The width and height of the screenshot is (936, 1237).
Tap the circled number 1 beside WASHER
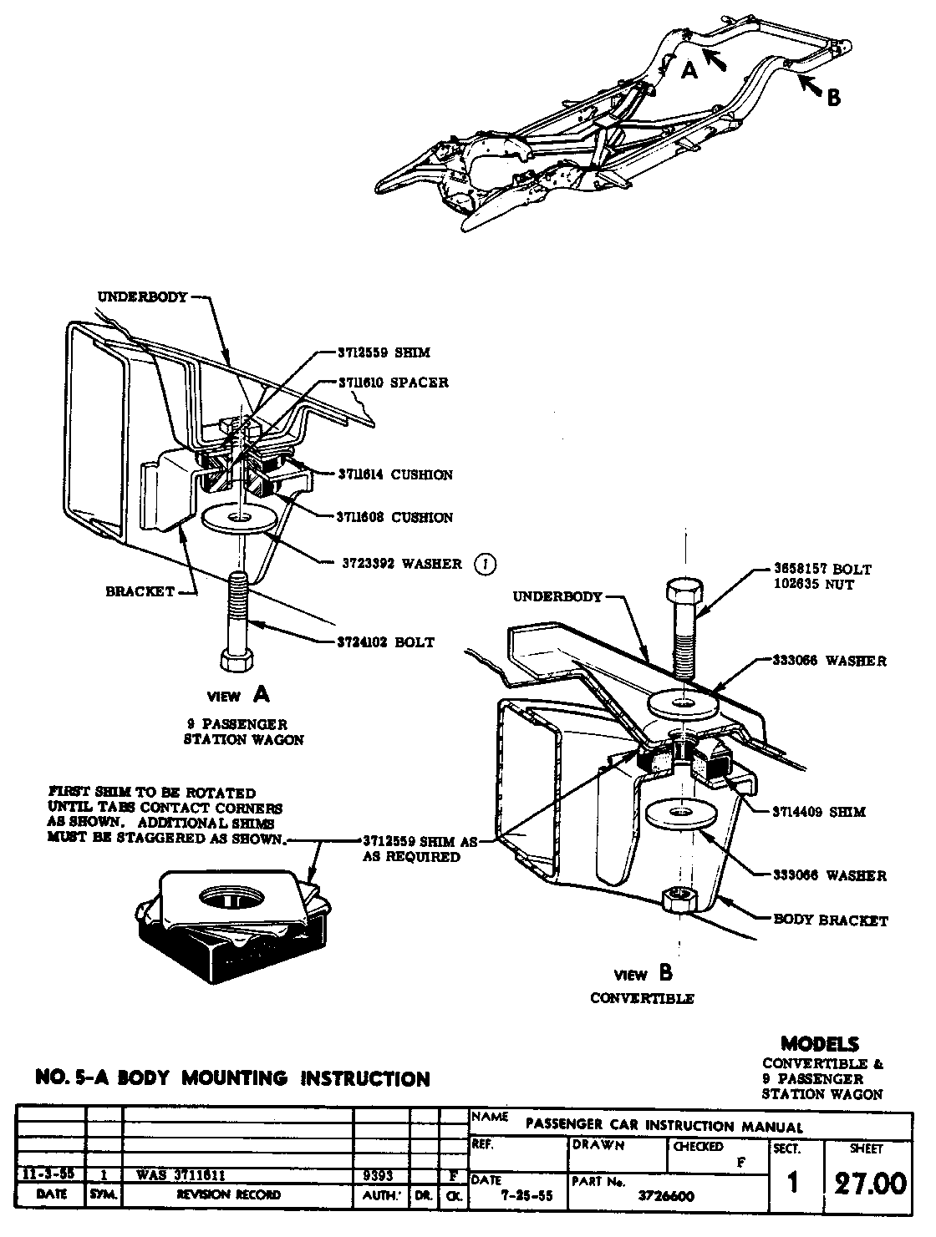[484, 564]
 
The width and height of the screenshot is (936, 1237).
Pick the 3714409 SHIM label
[818, 811]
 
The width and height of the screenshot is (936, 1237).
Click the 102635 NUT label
[815, 585]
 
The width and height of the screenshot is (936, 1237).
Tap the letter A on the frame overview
[689, 71]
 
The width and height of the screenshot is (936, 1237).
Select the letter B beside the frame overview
[833, 98]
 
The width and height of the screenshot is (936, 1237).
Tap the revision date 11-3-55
[47, 1174]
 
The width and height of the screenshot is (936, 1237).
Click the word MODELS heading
[820, 1043]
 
